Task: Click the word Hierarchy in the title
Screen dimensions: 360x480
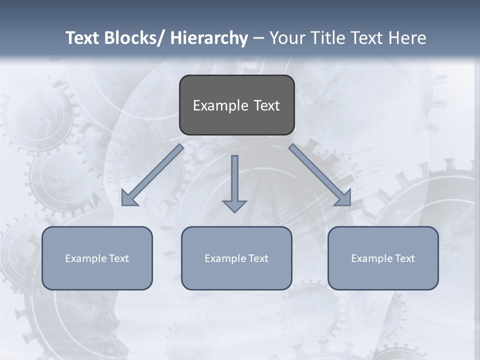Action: [209, 38]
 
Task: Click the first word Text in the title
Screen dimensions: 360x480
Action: [82, 38]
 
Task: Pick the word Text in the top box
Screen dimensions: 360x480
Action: [266, 105]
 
